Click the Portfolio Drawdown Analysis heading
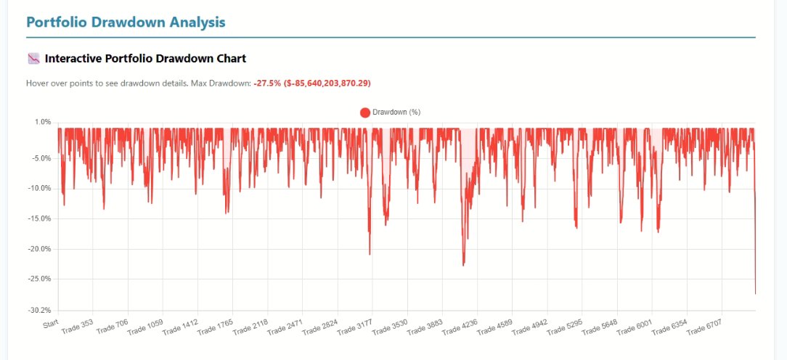(126, 22)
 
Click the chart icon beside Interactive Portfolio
(33, 58)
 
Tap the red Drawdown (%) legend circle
(365, 112)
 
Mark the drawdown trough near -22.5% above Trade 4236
(463, 265)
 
